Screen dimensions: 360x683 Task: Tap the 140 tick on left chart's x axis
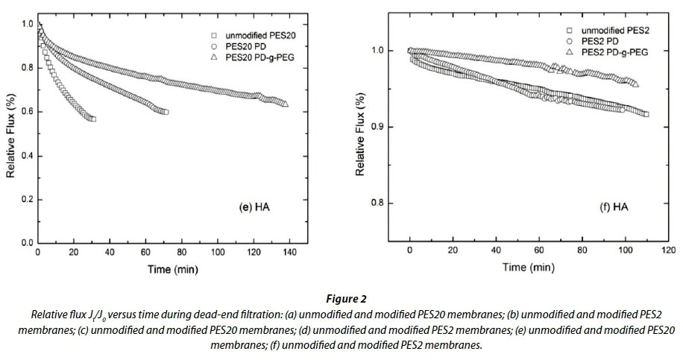[290, 252]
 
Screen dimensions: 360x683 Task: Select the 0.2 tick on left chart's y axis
[27, 200]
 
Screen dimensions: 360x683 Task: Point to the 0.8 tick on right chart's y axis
[388, 203]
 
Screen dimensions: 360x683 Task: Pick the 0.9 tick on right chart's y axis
[388, 127]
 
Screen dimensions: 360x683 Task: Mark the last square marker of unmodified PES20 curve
[92, 119]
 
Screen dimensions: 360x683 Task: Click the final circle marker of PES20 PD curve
[166, 112]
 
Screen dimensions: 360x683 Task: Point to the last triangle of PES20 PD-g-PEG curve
[286, 104]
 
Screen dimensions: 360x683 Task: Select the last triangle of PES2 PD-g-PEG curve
[635, 84]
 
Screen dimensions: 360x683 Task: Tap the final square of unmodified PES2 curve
[646, 114]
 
